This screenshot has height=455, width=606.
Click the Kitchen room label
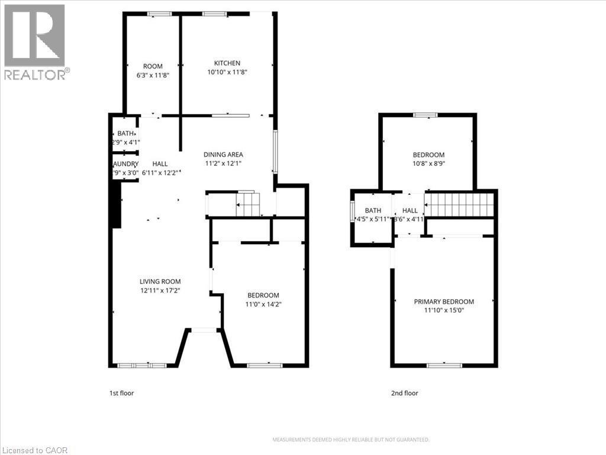point(227,63)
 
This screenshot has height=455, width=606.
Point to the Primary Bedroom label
point(443,302)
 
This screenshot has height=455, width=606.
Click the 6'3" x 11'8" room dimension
point(153,75)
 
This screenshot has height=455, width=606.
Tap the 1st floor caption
point(121,393)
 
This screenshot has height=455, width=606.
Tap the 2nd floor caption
point(404,393)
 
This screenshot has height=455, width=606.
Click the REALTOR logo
point(35,42)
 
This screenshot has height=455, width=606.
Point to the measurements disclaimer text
point(350,440)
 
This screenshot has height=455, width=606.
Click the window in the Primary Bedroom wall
point(444,366)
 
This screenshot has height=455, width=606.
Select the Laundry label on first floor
point(125,164)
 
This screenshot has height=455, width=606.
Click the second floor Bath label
point(373,210)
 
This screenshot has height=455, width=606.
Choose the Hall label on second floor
point(410,210)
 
